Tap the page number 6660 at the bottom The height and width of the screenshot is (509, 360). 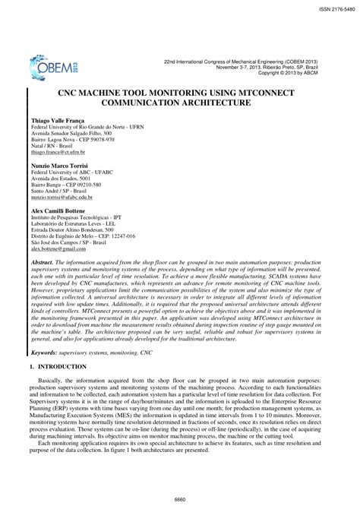[x=179, y=498]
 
